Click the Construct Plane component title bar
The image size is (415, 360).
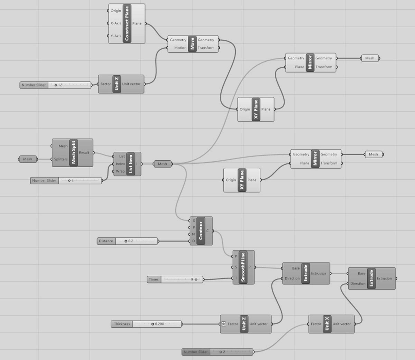coord(127,23)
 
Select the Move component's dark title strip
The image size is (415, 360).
coord(192,44)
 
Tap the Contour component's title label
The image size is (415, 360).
coord(201,231)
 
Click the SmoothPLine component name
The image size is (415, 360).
coord(243,267)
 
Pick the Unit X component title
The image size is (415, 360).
coord(327,324)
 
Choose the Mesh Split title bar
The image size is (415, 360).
coord(73,153)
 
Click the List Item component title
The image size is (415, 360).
coord(131,164)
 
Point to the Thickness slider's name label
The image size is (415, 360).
coord(122,324)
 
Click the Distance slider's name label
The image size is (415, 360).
coord(106,241)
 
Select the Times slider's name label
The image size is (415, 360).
coord(154,280)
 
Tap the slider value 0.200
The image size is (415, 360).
coord(159,324)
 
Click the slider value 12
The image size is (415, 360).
coord(60,85)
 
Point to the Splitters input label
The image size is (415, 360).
coord(61,159)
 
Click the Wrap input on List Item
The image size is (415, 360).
coord(120,171)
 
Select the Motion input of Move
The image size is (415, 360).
coord(180,48)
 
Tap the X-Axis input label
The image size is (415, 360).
coord(116,23)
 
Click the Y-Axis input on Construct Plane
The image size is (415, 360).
coord(116,36)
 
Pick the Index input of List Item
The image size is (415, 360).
coord(120,164)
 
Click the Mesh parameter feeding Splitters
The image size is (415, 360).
coord(28,159)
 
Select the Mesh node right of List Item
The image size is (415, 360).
coord(162,164)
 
